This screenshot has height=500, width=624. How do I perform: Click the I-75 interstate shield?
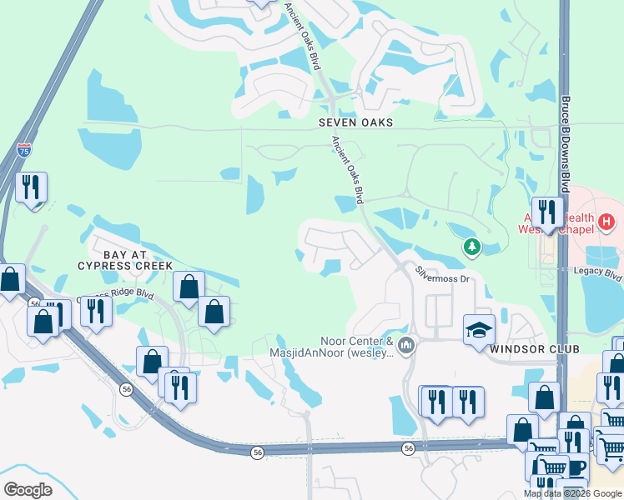point(24,151)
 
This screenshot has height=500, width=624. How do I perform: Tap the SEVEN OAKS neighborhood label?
point(355,122)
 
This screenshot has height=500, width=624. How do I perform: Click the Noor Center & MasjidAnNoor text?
point(356,347)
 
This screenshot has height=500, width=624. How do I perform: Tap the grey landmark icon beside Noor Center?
point(406,344)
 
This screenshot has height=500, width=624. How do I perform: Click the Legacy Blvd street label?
point(598,272)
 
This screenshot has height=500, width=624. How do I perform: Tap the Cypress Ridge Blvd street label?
point(117,295)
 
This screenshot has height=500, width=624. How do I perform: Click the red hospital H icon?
point(606,222)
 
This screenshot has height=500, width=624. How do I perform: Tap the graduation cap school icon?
point(479,329)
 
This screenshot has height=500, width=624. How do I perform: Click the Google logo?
point(28,489)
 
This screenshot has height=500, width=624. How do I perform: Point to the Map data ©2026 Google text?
point(571,493)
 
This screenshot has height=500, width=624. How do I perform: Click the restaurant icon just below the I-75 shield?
point(31,187)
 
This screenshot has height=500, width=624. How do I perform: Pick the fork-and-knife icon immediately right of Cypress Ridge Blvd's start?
point(96,311)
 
